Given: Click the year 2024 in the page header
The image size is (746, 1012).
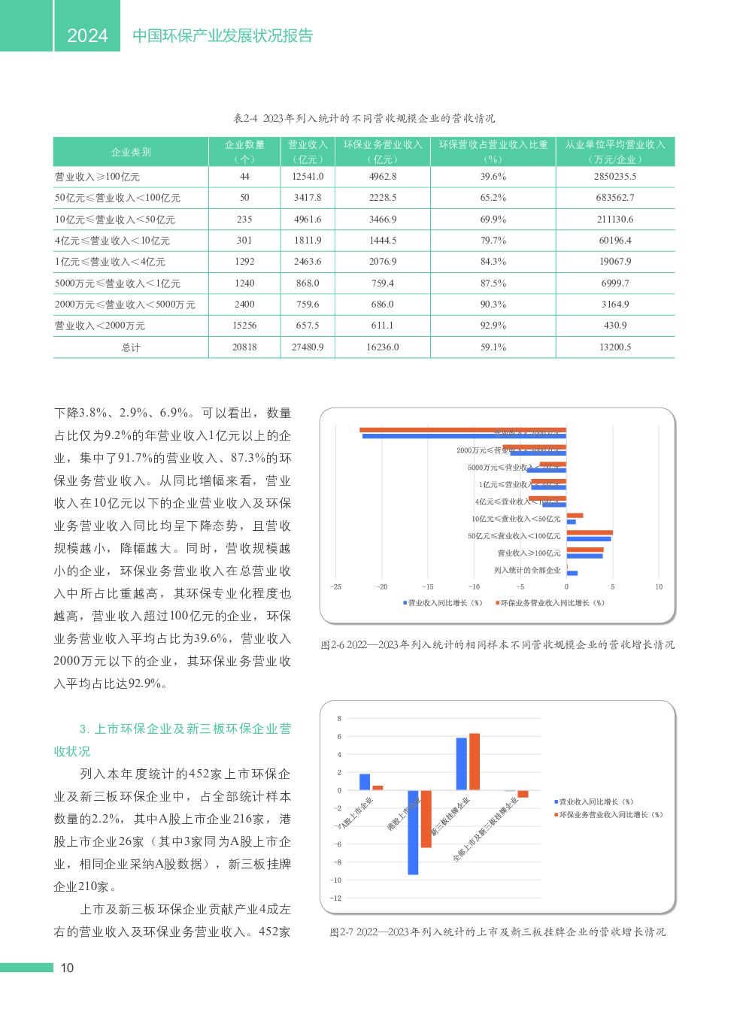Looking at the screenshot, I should pos(87,35).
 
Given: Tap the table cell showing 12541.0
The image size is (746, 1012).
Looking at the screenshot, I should pos(308,177).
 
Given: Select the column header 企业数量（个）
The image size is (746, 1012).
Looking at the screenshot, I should pos(244,151).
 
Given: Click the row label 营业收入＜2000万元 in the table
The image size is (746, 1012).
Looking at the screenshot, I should pos(100,326).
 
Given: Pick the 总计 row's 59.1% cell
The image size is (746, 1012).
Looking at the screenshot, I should pos(493,347).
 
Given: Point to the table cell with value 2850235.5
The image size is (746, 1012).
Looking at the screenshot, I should pos(615,177).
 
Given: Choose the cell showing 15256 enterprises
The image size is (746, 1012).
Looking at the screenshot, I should pos(244,326).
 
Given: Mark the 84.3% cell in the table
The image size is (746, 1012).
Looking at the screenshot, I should pos(493,262).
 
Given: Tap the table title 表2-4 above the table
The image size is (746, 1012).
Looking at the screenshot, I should pos(364,118).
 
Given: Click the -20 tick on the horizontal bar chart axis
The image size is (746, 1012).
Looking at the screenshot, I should pos(382,587).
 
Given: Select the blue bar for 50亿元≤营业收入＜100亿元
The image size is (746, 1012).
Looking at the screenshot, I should pos(589,539).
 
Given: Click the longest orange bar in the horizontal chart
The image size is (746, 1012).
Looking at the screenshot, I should pos(462,430).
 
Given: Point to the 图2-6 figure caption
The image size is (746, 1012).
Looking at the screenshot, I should pos(497,644).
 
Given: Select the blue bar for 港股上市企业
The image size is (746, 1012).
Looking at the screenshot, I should pos(413,832).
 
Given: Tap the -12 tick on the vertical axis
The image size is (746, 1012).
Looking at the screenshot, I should pos(336,898).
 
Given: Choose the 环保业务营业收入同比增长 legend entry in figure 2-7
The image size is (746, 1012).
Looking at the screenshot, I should pos(610,814).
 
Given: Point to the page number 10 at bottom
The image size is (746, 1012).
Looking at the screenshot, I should pos(67,968).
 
